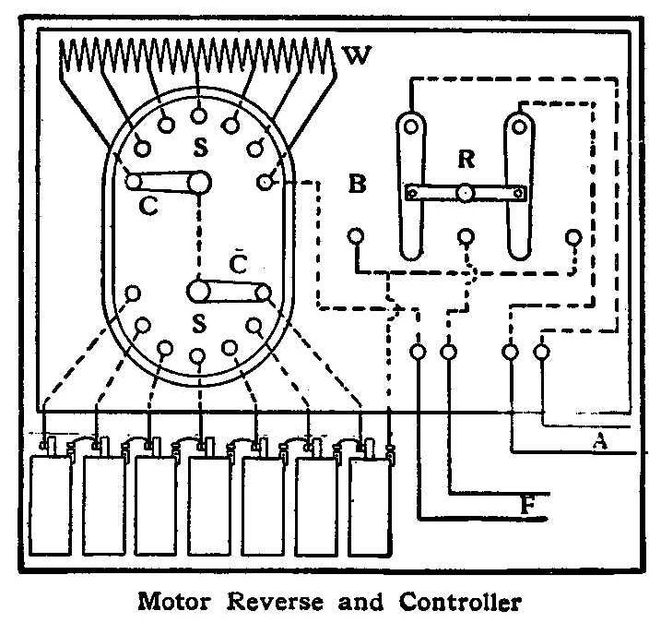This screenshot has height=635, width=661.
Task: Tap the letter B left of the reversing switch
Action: [x=358, y=184]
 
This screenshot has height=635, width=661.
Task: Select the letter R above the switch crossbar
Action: [x=466, y=160]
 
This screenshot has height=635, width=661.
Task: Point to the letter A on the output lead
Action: [x=600, y=442]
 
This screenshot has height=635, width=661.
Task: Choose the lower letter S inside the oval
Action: [x=198, y=324]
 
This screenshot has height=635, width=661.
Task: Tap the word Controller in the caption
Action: [x=460, y=604]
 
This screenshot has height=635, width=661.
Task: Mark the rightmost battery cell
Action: [x=371, y=506]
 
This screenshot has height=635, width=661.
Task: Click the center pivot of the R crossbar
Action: [x=466, y=193]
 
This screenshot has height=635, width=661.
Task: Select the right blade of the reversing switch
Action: [x=520, y=185]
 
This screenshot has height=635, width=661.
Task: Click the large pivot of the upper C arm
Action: [x=198, y=183]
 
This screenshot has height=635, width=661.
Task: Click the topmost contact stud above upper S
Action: [x=198, y=115]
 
